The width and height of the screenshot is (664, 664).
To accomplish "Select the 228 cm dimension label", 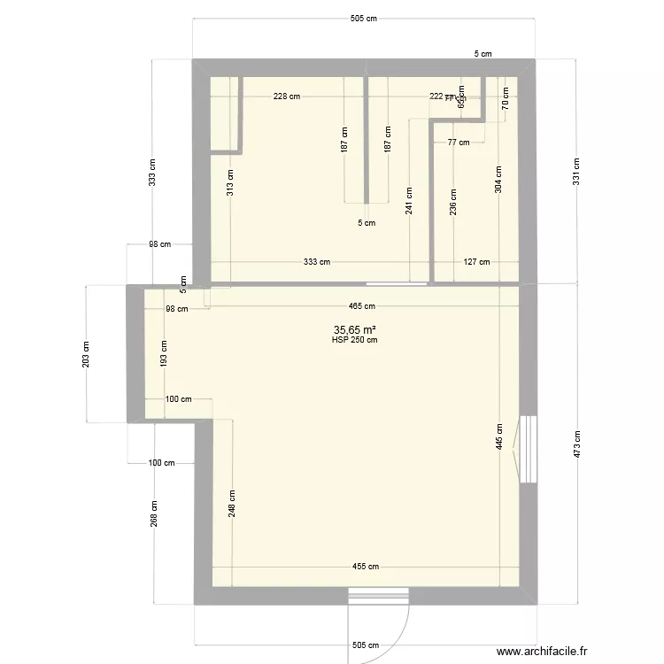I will (286, 97).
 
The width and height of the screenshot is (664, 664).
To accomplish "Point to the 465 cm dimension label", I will (361, 306).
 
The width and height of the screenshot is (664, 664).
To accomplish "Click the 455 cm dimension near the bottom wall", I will (366, 567).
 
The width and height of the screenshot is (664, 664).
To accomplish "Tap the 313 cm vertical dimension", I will (230, 181).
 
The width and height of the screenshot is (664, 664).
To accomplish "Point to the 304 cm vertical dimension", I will (498, 180).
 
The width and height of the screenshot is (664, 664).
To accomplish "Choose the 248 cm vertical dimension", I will (232, 505).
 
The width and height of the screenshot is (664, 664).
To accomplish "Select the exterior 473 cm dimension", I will (576, 444).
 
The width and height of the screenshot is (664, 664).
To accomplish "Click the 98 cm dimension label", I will (176, 309).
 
